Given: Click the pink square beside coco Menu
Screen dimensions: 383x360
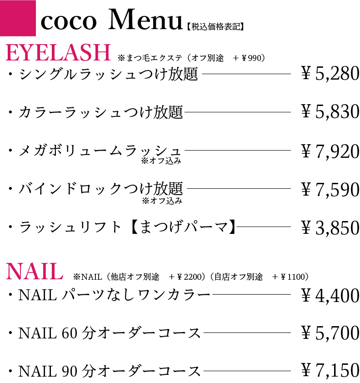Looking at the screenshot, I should pyautogui.click(x=18, y=18).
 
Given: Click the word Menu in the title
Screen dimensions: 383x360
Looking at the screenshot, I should pyautogui.click(x=145, y=21).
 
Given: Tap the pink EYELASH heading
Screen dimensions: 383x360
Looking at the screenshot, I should pyautogui.click(x=58, y=53).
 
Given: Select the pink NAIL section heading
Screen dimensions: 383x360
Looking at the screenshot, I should pyautogui.click(x=35, y=272).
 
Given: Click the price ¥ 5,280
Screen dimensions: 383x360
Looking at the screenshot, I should pyautogui.click(x=330, y=74).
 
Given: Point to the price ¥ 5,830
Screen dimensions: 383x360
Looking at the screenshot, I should pyautogui.click(x=330, y=111).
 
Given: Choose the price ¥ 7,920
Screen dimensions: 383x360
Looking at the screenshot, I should pyautogui.click(x=330, y=151).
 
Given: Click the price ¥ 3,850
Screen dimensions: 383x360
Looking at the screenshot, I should pyautogui.click(x=330, y=227).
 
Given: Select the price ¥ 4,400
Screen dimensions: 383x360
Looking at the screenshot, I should pyautogui.click(x=330, y=296).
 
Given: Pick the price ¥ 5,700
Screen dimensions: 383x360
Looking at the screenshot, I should pyautogui.click(x=330, y=334).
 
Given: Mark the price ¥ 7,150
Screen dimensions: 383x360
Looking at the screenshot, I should pyautogui.click(x=330, y=371).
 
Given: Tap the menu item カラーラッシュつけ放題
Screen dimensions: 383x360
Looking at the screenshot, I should pyautogui.click(x=100, y=112).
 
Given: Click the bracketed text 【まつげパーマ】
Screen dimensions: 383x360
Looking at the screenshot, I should pyautogui.click(x=181, y=227).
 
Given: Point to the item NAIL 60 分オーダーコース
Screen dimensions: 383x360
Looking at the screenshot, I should pyautogui.click(x=109, y=334).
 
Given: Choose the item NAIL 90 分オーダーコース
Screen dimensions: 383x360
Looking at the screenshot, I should pyautogui.click(x=109, y=371).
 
